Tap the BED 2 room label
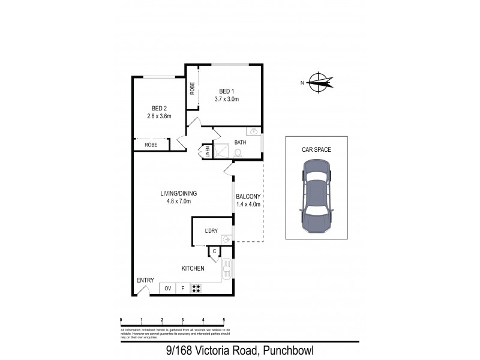tap(159, 108)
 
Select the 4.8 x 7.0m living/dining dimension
tap(179, 201)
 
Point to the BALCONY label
tap(248, 196)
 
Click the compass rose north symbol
tap(319, 83)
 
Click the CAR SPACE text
tap(316, 149)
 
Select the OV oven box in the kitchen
tap(167, 289)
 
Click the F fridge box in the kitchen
tap(183, 289)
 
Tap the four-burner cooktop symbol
tap(196, 289)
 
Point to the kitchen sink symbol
tap(227, 268)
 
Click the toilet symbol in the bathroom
tap(238, 153)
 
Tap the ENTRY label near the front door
tap(145, 280)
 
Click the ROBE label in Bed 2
tap(150, 145)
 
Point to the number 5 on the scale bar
tap(224, 319)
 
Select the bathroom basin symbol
tap(254, 131)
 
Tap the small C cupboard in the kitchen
tap(214, 251)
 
